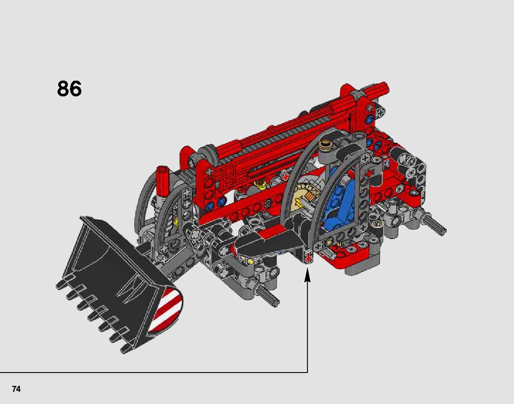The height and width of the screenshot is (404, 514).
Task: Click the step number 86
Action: (69, 89)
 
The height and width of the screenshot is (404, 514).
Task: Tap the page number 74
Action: (16, 389)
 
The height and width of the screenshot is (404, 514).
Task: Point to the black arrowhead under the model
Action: (307, 275)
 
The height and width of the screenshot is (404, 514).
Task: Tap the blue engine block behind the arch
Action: (339, 197)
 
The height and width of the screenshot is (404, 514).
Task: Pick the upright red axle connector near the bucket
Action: (162, 181)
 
